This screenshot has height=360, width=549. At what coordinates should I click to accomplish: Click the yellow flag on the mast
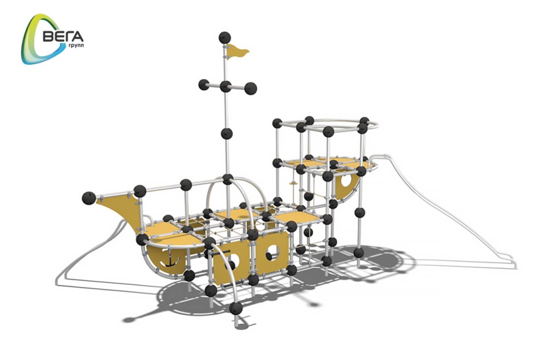(236, 53)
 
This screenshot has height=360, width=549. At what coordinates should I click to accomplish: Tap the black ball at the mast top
(225, 37)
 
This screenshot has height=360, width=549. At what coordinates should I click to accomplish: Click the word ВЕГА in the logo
(63, 36)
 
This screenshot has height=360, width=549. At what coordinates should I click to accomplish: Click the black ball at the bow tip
(89, 198)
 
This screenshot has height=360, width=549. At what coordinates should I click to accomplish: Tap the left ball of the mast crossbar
(204, 85)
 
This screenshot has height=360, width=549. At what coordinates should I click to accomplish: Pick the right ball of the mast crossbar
(251, 88)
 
